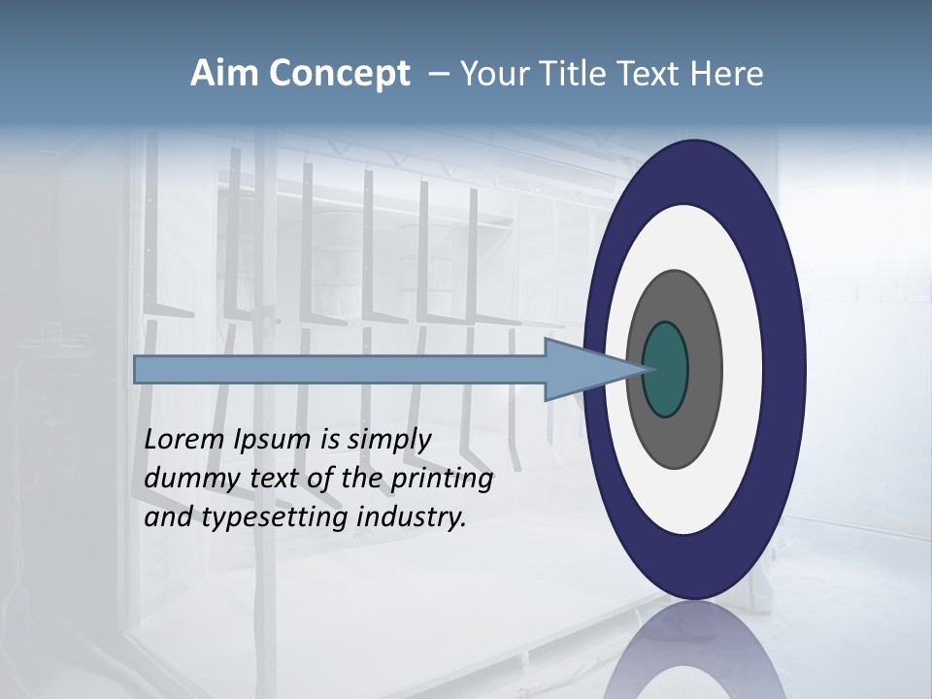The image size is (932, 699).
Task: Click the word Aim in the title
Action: tap(224, 74)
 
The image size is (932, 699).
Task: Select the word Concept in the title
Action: tap(339, 75)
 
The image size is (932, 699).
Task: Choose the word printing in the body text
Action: tap(442, 479)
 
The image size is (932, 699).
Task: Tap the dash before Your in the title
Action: tap(439, 75)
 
